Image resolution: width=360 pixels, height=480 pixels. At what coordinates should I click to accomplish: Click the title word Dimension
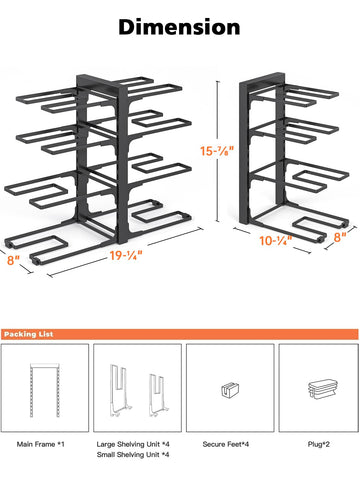[179, 26]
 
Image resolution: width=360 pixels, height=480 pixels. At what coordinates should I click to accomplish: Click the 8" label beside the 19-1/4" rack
[14, 261]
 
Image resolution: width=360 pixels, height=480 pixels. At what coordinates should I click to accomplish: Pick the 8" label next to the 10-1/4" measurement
[341, 237]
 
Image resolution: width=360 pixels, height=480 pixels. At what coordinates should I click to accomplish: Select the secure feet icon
[226, 390]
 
